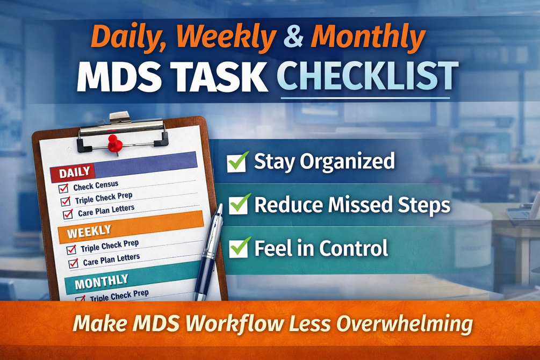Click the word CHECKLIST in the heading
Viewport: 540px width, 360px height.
pyautogui.click(x=368, y=76)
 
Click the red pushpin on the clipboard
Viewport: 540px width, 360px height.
pyautogui.click(x=114, y=143)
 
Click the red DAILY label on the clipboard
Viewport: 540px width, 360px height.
pyautogui.click(x=73, y=173)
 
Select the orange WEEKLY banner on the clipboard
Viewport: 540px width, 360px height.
pyautogui.click(x=131, y=227)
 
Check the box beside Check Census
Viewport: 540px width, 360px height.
pyautogui.click(x=63, y=188)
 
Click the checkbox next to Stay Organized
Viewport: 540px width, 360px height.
pyautogui.click(x=237, y=162)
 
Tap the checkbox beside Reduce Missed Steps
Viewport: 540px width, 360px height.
pyautogui.click(x=239, y=205)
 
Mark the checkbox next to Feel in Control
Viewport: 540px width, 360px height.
pyautogui.click(x=239, y=248)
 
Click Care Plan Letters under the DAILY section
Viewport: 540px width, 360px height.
pyautogui.click(x=106, y=211)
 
